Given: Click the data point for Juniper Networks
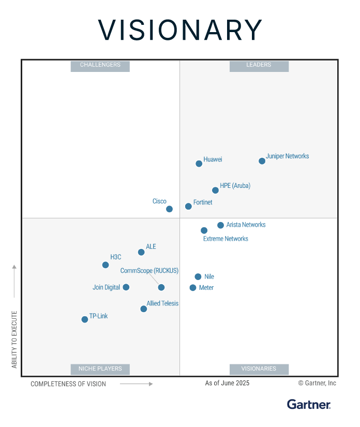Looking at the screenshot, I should click(x=262, y=161).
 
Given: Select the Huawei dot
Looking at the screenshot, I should click(x=199, y=164).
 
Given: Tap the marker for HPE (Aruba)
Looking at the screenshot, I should click(x=215, y=190).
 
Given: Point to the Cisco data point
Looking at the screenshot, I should click(x=169, y=209).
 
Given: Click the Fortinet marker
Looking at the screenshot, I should click(x=188, y=207).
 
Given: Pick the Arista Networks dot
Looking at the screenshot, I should click(x=220, y=225).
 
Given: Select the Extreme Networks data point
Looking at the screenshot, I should click(x=204, y=230).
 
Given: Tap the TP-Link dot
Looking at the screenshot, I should click(x=85, y=319).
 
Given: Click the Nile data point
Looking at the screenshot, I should click(x=198, y=277).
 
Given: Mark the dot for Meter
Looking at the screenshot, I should click(x=193, y=288).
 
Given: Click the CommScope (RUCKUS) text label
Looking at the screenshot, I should click(x=149, y=271).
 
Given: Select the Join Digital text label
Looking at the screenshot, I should click(x=106, y=287).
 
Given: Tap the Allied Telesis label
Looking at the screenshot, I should click(x=162, y=304).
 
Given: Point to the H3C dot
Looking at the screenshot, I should click(x=106, y=265).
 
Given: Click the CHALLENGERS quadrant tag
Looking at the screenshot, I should click(x=100, y=65).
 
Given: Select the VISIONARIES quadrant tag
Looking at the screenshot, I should click(x=259, y=369).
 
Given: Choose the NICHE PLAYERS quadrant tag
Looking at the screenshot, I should click(x=100, y=369).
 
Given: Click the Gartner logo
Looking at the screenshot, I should click(x=309, y=404).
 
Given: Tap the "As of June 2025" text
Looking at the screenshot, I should click(x=227, y=383).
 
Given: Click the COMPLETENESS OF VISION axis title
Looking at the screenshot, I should click(x=68, y=384).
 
